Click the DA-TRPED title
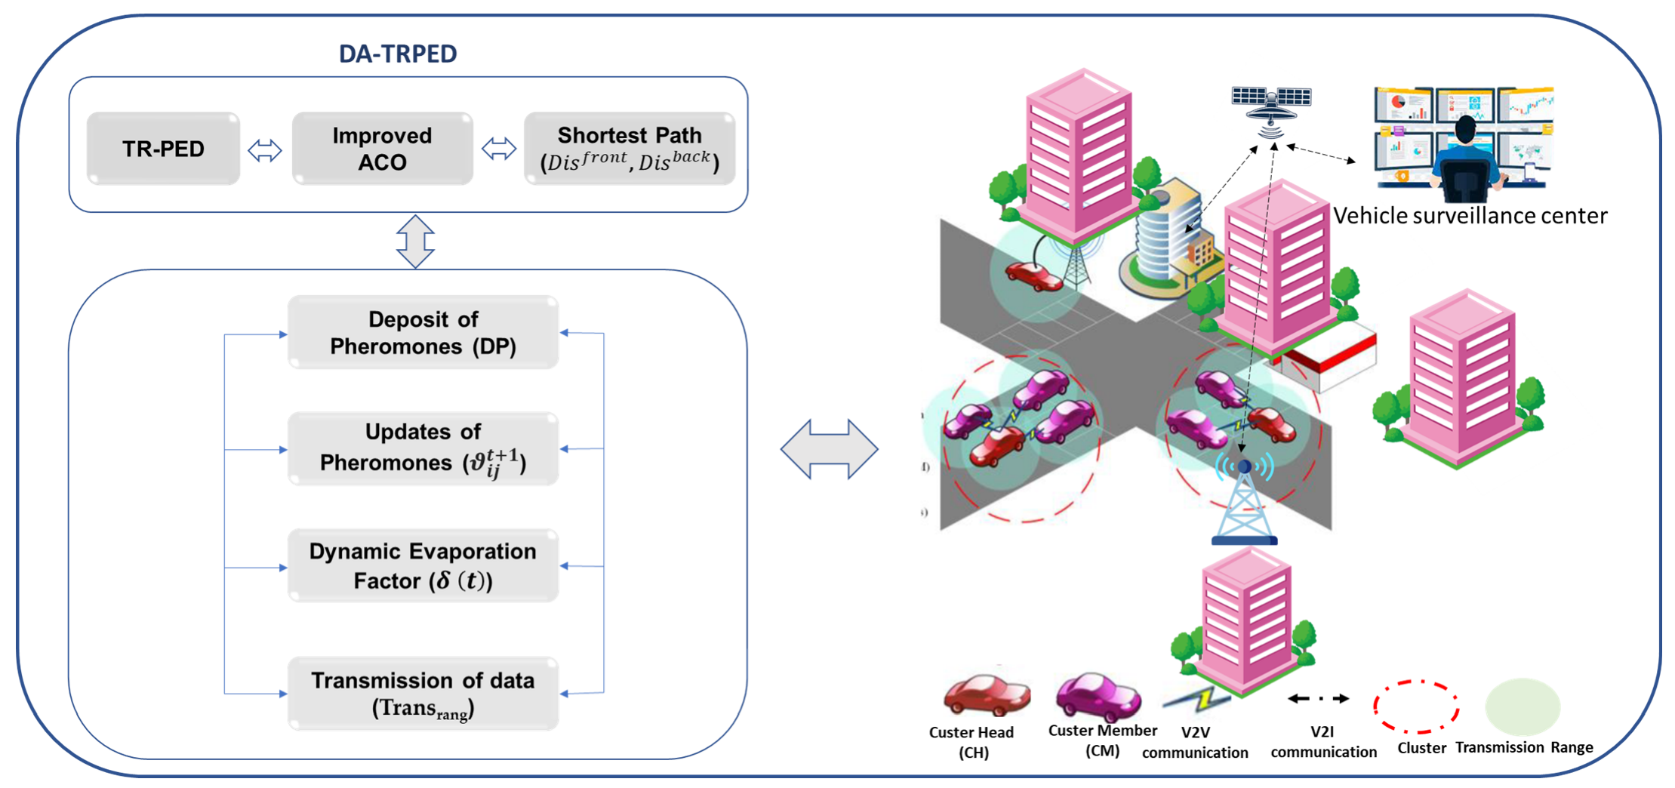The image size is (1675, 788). [x=398, y=54]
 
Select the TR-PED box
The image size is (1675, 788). [x=163, y=149]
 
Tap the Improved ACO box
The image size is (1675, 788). [x=382, y=149]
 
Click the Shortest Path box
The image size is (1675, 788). [x=629, y=149]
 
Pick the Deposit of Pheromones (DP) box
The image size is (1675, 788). [x=423, y=332]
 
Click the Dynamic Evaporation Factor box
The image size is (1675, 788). [x=423, y=565]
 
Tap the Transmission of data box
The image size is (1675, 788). [x=423, y=693]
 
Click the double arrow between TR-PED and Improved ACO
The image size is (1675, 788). [x=265, y=150]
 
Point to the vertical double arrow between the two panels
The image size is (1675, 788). [x=415, y=242]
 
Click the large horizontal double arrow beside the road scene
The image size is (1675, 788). [x=829, y=449]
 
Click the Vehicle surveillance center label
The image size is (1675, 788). [x=1469, y=216]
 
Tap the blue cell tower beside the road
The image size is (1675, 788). [x=1243, y=502]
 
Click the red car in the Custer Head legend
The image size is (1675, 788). [x=986, y=695]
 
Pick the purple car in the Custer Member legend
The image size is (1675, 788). [x=1098, y=697]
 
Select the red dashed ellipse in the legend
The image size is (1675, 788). [x=1416, y=706]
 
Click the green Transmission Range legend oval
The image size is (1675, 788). [x=1522, y=706]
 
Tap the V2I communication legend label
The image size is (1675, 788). [x=1322, y=742]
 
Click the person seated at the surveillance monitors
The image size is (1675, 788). [x=1464, y=159]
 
